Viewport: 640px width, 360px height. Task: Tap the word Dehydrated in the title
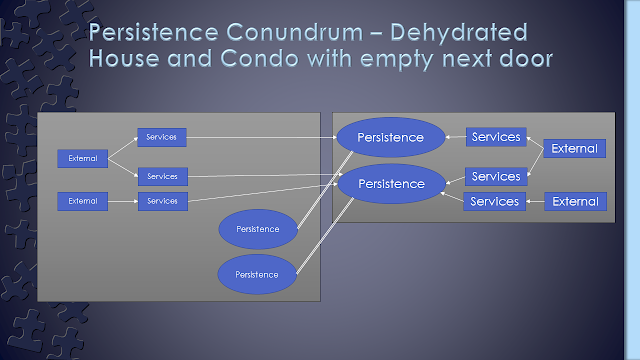(459, 32)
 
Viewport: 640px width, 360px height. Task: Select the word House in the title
(124, 58)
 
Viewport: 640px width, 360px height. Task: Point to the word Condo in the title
(260, 58)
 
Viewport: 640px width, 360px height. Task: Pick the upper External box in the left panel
(82, 158)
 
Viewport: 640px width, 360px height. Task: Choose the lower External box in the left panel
(82, 201)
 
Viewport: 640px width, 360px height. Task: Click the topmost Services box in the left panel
(162, 137)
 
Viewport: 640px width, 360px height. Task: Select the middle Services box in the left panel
(162, 176)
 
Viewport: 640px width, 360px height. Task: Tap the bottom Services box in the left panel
(162, 201)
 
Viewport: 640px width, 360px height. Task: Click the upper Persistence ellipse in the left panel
(258, 229)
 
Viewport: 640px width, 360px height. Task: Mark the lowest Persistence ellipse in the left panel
(257, 274)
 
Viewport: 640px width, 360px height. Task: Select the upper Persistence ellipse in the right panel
(391, 138)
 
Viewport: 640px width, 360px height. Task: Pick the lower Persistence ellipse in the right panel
(391, 184)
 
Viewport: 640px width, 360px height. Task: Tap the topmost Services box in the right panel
(496, 137)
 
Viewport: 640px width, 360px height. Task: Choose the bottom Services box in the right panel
(494, 201)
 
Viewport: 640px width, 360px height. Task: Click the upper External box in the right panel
(574, 148)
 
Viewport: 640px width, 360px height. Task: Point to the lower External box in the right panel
(575, 201)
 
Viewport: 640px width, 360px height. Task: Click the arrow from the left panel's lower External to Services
(123, 201)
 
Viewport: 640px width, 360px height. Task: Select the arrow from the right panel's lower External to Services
(535, 201)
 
